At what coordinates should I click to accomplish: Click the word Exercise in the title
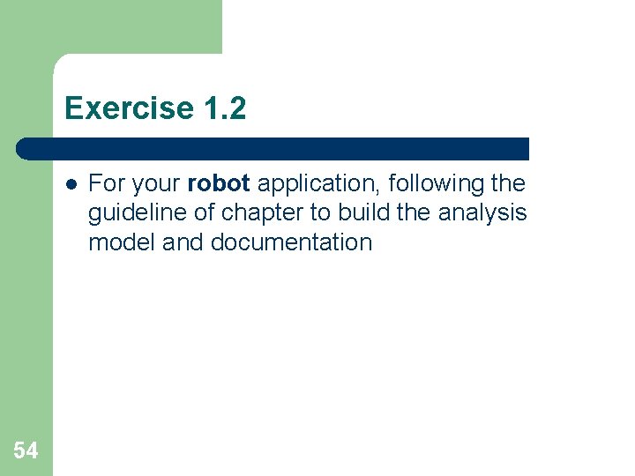point(129,108)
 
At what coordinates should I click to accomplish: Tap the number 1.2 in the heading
point(223,108)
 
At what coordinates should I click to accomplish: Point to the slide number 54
point(26,451)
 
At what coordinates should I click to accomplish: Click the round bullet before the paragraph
point(71,184)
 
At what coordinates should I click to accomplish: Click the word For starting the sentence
point(108,184)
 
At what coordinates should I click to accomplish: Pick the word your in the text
point(158,184)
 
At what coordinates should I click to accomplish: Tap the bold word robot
point(220,184)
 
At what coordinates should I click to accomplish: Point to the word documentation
point(291,242)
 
